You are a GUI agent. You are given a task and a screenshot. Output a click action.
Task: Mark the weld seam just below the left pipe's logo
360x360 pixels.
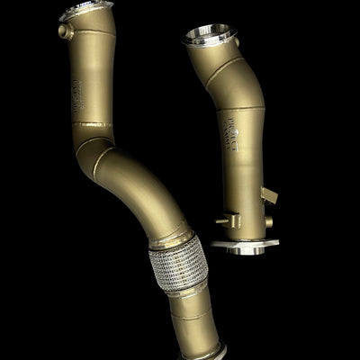(90, 124)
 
